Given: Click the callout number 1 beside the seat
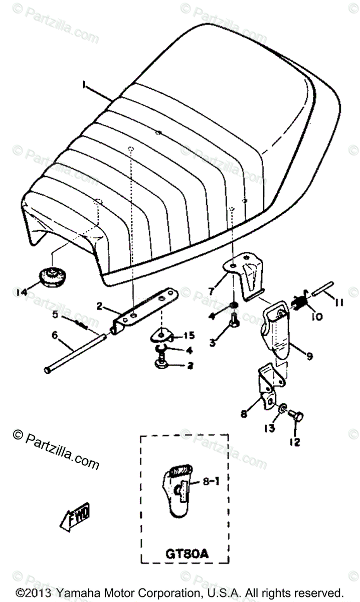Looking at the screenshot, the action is pos(83,86).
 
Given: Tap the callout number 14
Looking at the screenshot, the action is pos(22,292).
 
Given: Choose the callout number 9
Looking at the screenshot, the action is pos(309,356).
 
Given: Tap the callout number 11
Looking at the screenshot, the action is pos(340,302).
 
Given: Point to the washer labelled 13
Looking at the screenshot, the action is pos(283,412).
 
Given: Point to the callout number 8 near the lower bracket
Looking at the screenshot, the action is pos(244,414).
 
